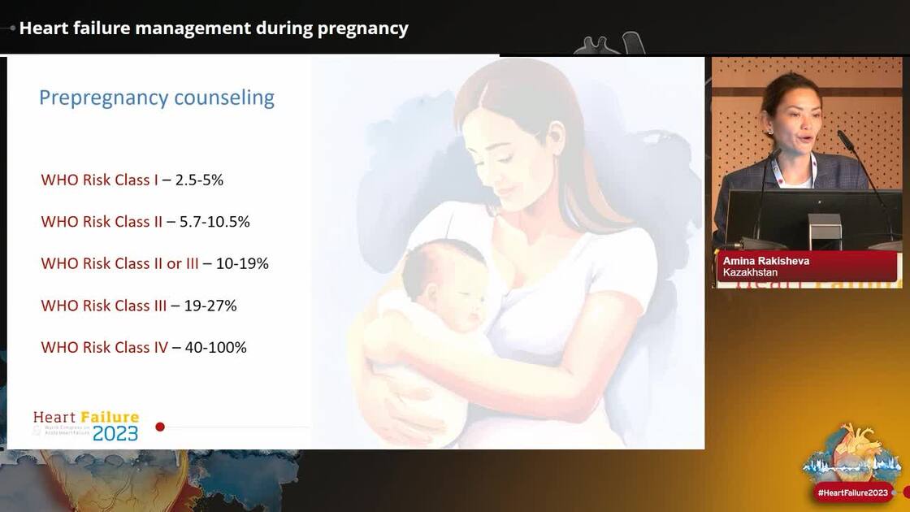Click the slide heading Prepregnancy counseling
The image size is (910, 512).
pyautogui.click(x=157, y=98)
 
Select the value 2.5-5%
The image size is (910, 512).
pyautogui.click(x=199, y=180)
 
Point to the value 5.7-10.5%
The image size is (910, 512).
pyautogui.click(x=214, y=222)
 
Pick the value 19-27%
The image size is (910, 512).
pyautogui.click(x=210, y=306)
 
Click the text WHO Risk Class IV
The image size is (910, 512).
pyautogui.click(x=104, y=347)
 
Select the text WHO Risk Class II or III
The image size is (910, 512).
pyautogui.click(x=119, y=263)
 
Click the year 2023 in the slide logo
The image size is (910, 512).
pyautogui.click(x=115, y=433)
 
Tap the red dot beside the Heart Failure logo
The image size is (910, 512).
pyautogui.click(x=160, y=427)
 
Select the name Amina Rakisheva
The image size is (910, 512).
pyautogui.click(x=765, y=261)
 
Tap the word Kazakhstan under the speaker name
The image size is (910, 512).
pyautogui.click(x=750, y=272)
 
